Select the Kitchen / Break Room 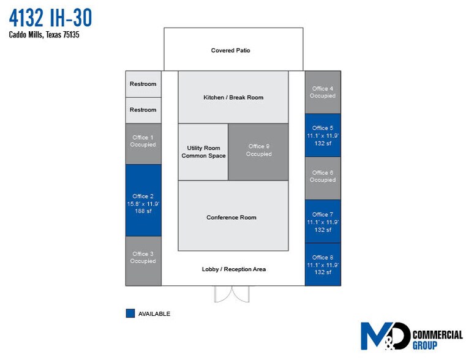tap(233, 97)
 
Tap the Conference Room tap(233, 217)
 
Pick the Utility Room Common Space tap(203, 152)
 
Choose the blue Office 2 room tap(143, 201)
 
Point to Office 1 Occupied tap(143, 143)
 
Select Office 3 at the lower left tap(143, 260)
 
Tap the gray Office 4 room tap(322, 92)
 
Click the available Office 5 tap(322, 135)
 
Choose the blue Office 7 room tap(322, 222)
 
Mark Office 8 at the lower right tap(322, 264)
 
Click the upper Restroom tap(143, 84)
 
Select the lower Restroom tap(143, 110)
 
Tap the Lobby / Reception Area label tap(233, 269)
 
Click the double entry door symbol tap(233, 293)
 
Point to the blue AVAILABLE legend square tap(130, 313)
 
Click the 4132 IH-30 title tap(50, 18)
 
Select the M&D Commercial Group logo tap(410, 336)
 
